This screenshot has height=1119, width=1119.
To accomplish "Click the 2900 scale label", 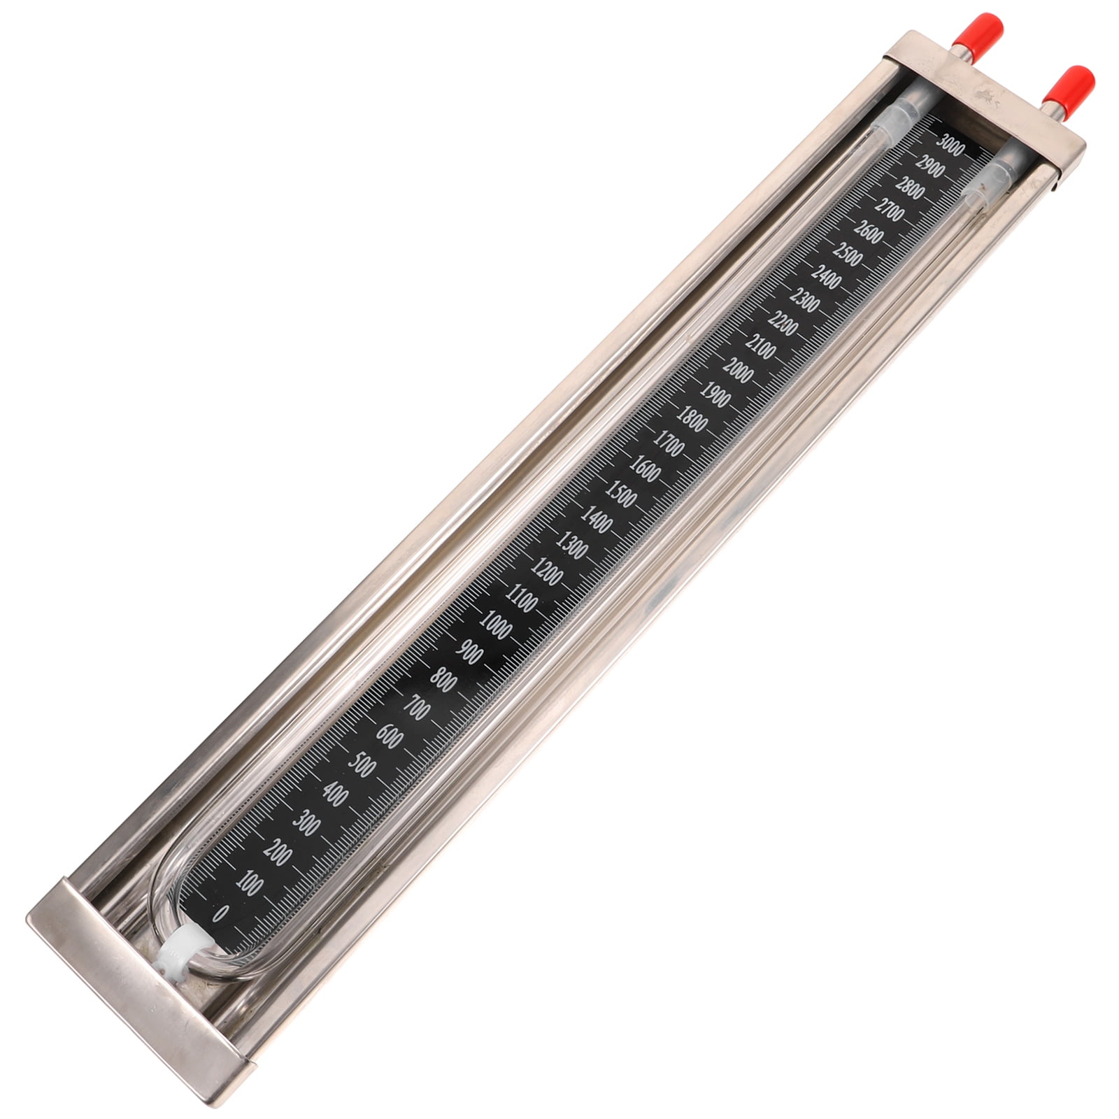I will [x=931, y=169].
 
